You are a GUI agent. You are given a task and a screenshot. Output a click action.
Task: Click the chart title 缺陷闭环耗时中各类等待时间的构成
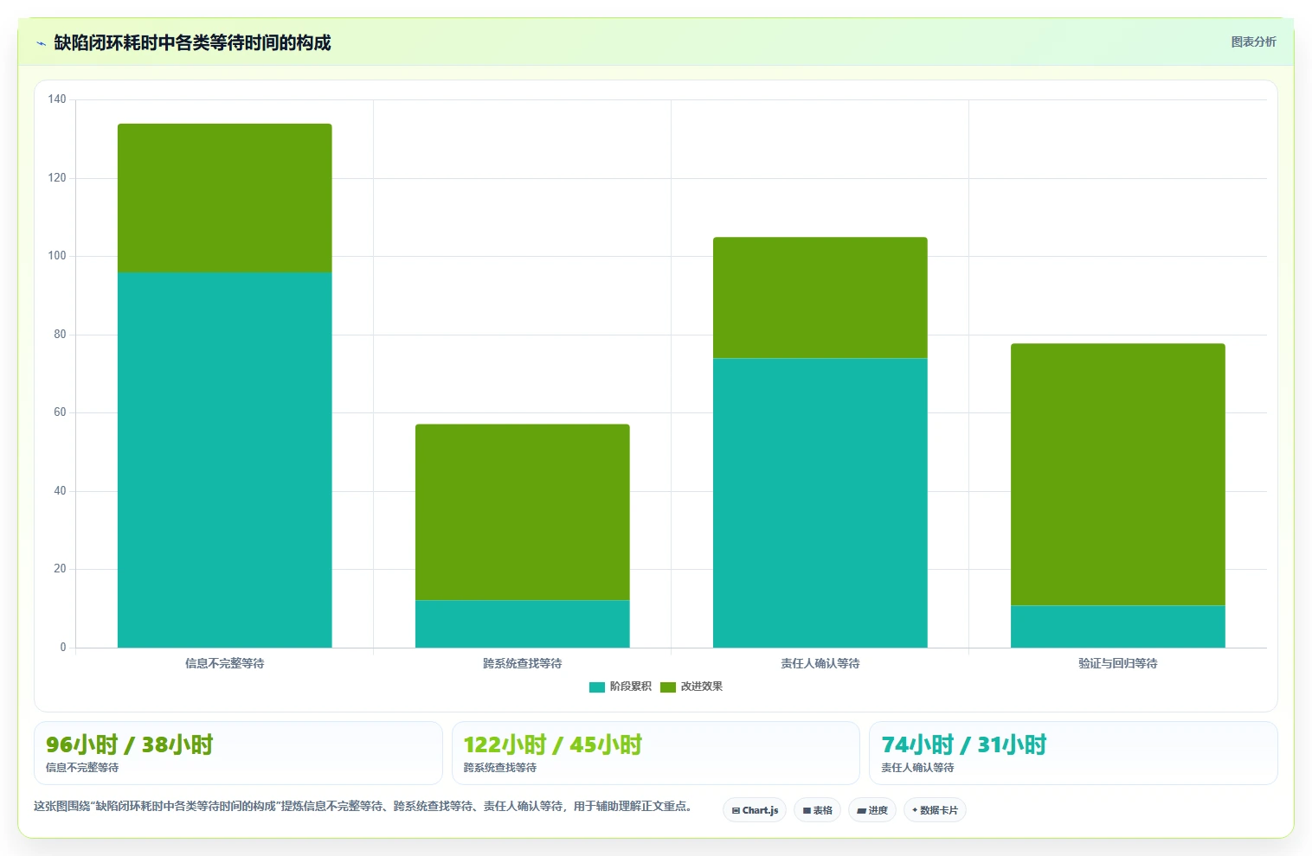[192, 42]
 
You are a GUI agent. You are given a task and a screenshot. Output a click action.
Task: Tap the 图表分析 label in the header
[1253, 42]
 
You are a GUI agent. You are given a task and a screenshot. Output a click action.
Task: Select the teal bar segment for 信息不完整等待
[225, 460]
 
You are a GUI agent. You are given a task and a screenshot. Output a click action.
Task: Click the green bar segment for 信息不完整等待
[225, 198]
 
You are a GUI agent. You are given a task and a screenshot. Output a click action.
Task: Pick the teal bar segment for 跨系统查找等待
[523, 623]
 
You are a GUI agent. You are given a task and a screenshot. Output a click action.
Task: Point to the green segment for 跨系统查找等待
[523, 512]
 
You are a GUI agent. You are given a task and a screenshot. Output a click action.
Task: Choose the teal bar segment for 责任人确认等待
[820, 502]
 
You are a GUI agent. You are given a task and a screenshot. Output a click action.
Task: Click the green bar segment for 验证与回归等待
[1117, 475]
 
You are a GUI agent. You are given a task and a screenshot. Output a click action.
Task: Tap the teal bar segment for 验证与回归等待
[1117, 627]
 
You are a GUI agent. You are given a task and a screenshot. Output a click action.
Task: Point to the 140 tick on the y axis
[57, 99]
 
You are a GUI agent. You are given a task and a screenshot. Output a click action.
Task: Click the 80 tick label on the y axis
[60, 334]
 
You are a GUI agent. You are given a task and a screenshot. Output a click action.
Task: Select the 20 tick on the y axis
[60, 569]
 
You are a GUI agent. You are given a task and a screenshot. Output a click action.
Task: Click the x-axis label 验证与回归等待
[1117, 663]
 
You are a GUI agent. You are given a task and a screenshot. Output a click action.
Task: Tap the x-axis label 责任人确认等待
[820, 663]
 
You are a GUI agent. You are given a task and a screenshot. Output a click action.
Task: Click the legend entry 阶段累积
[621, 687]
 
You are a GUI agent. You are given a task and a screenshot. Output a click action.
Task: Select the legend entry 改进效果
[691, 687]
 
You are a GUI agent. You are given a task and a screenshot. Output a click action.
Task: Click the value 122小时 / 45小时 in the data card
[553, 744]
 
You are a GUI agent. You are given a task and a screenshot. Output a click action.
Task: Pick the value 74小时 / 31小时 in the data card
[964, 744]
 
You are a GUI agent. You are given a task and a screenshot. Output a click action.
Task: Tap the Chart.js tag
[755, 810]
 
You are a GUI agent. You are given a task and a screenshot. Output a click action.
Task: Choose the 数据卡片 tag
[935, 810]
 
